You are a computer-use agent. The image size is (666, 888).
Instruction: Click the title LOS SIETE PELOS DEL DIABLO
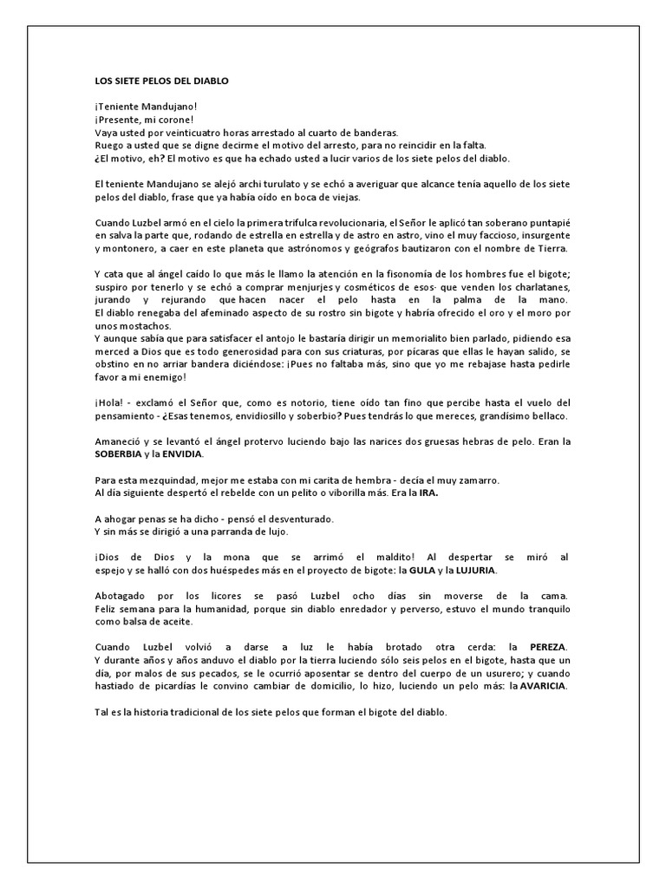(x=160, y=81)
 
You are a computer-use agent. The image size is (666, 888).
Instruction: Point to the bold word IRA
(x=428, y=493)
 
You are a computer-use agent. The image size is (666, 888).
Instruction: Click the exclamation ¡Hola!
(x=109, y=402)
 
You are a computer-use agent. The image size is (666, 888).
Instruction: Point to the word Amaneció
(x=121, y=441)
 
